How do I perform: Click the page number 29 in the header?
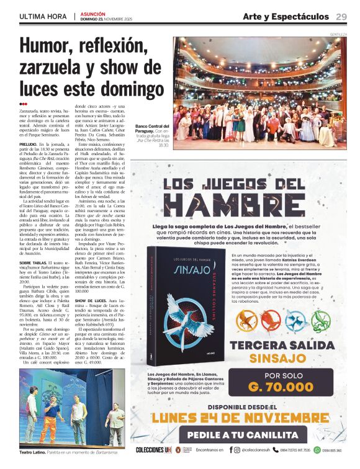click(341, 16)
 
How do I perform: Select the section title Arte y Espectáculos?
click(285, 16)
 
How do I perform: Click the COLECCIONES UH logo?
click(152, 450)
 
